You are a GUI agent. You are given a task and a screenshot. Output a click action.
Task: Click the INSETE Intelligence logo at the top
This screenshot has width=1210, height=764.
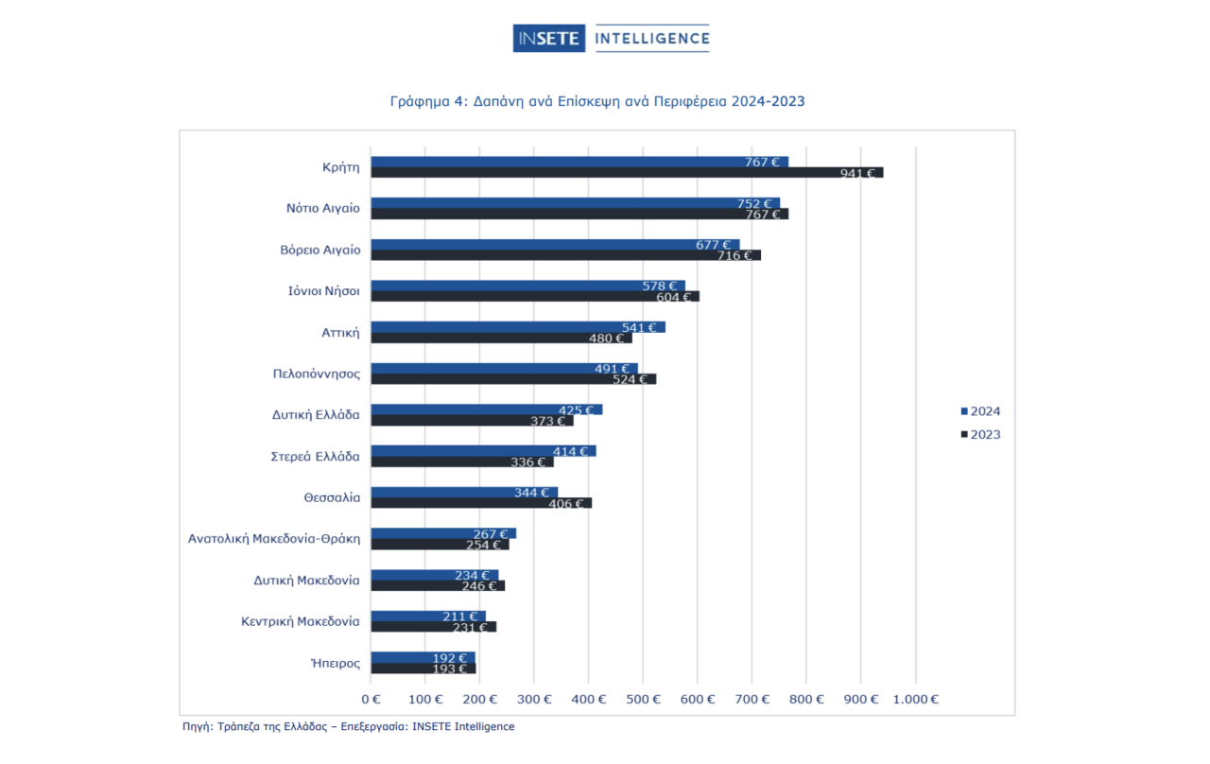pos(611,39)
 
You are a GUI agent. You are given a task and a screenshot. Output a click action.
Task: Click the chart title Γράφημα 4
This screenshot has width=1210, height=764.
pos(597,101)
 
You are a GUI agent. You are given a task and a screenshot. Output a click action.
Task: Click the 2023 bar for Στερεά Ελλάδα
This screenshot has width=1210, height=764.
pos(444,462)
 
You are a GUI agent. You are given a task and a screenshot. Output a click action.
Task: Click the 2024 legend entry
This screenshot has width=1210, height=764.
pos(980,411)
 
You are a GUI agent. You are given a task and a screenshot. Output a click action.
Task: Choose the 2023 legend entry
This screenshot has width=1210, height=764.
pos(980,435)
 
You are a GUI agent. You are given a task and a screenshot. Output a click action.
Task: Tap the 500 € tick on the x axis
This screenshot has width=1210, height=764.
pos(643,700)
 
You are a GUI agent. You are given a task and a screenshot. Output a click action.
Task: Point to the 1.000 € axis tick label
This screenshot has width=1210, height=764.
pos(915,700)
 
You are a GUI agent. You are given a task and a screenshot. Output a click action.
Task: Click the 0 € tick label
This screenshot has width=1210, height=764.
pos(371,700)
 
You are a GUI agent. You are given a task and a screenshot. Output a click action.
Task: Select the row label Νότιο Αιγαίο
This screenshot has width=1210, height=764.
pos(323,208)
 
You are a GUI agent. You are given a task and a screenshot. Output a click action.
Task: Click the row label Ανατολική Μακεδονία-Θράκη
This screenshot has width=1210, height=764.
pos(274,539)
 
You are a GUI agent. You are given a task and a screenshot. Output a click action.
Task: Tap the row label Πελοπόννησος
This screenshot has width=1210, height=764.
pos(317,373)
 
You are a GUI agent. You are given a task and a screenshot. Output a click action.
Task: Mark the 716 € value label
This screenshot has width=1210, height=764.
pos(735,255)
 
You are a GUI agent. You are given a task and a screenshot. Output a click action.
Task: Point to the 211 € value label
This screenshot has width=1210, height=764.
pos(460,616)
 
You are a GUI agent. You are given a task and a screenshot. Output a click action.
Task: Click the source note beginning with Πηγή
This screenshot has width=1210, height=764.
pos(349,726)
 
